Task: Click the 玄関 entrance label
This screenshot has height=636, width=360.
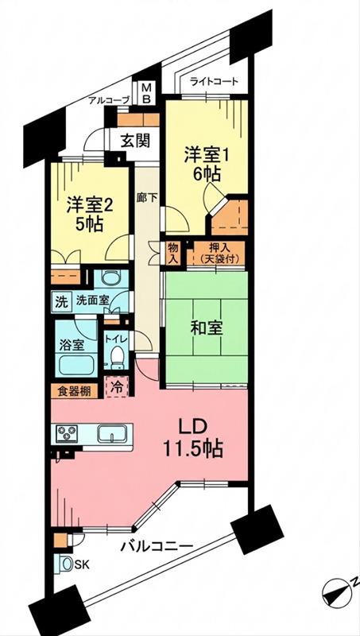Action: [x=136, y=141]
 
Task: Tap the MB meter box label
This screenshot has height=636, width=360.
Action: [x=148, y=93]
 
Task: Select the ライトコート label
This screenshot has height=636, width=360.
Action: [x=214, y=82]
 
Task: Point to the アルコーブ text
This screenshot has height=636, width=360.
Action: [x=110, y=100]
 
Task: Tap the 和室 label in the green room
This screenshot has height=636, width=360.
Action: [x=207, y=328]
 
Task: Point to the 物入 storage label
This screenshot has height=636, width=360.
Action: [x=172, y=254]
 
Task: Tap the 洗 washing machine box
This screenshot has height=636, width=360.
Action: [x=60, y=301]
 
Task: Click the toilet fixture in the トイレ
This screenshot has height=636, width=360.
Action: [x=117, y=355]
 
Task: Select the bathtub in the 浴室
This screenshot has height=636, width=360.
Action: [x=76, y=364]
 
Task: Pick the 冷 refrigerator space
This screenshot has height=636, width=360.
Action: [x=117, y=387]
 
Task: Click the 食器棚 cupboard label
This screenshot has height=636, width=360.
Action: [x=73, y=391]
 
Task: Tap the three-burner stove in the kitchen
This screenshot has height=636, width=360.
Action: [x=68, y=433]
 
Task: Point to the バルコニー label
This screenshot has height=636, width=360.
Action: [x=157, y=546]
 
